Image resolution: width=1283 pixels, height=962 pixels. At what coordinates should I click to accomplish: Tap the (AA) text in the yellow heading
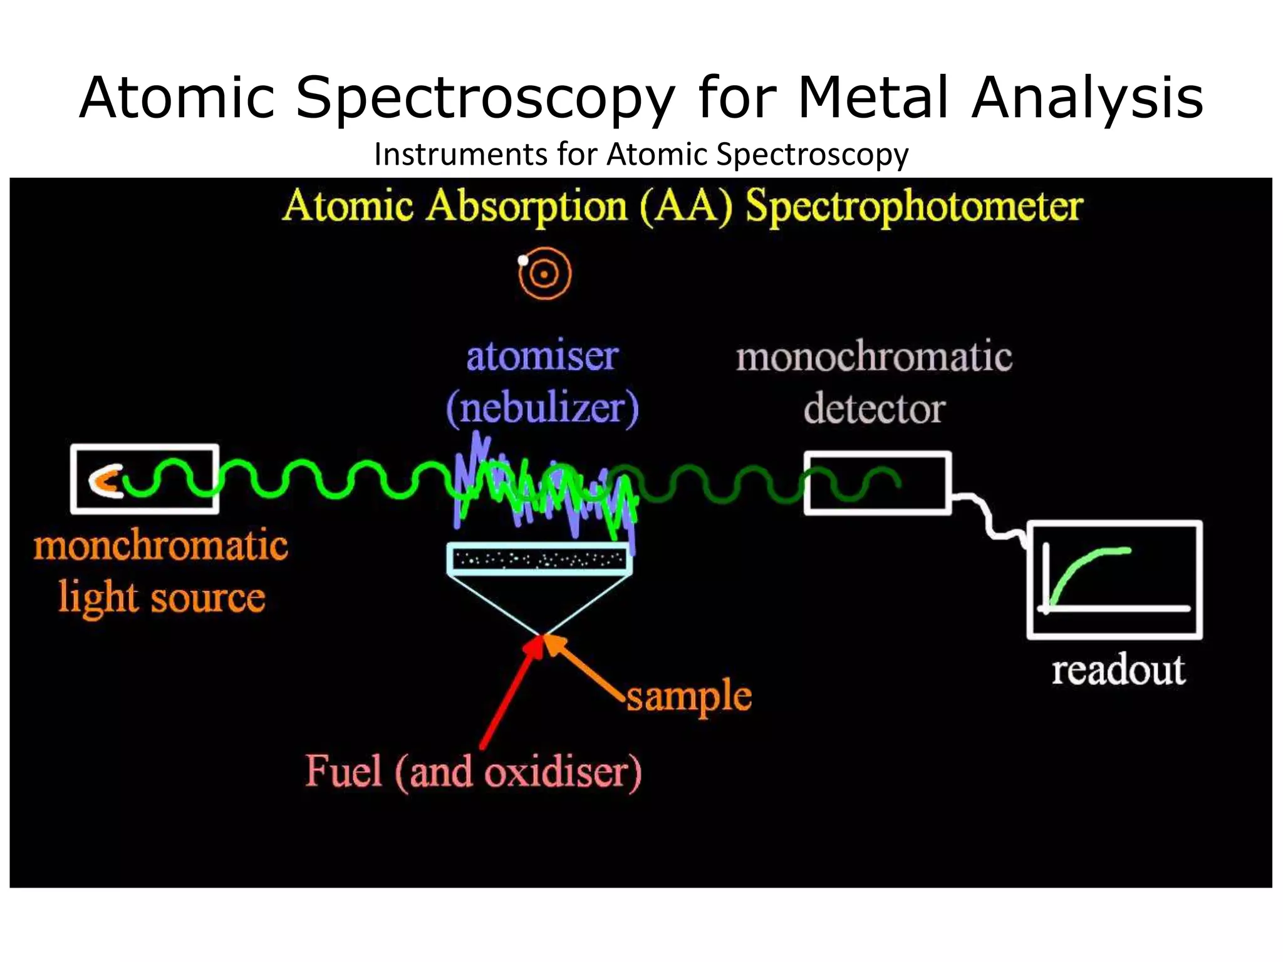pos(686,206)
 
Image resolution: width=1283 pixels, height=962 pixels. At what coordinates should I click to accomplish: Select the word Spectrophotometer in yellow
pos(914,207)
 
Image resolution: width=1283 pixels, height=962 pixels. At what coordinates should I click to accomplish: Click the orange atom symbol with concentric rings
pos(545,274)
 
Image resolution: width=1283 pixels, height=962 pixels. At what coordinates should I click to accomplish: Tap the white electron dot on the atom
pos(523,261)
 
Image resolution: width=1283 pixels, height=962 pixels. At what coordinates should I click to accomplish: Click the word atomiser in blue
pos(543,356)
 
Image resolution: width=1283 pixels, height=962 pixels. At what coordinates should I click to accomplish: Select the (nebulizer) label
pos(543,408)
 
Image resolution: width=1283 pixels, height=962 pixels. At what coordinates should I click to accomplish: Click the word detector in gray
pos(875,410)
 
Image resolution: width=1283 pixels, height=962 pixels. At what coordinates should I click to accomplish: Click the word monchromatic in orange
pos(161,545)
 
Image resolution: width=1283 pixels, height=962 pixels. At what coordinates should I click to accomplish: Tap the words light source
pos(162,597)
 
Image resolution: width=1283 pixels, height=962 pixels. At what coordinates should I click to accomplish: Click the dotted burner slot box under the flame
pos(539,559)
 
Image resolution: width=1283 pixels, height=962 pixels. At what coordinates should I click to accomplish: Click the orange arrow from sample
pos(583,667)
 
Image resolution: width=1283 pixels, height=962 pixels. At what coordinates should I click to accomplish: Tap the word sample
pos(689,696)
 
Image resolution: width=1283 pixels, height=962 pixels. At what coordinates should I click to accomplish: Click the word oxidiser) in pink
pos(563,772)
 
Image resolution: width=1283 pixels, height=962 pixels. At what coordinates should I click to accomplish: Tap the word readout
pos(1118,670)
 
